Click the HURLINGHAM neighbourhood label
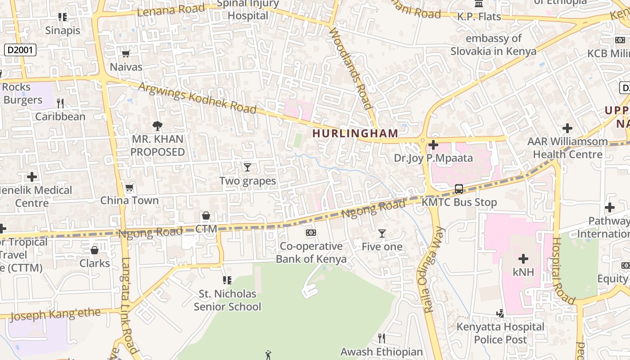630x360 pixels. [x=355, y=133]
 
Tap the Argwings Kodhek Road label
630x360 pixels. [x=198, y=98]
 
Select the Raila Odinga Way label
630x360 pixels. [x=433, y=270]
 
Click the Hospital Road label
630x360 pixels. [x=563, y=270]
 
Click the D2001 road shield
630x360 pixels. [x=20, y=49]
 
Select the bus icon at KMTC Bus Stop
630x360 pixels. [x=459, y=189]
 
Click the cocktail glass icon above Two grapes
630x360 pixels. [x=247, y=167]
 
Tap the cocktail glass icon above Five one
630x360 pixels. [x=382, y=233]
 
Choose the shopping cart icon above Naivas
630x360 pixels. [x=126, y=54]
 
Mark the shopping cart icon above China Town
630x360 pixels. [x=130, y=187]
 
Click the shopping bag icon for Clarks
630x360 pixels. [x=94, y=250]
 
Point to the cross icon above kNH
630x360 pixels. [x=523, y=259]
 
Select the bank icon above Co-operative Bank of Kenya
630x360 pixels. [x=311, y=233]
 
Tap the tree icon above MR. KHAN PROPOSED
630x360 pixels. [x=157, y=126]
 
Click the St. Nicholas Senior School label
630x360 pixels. [x=227, y=300]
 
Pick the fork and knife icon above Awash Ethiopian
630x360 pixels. [x=382, y=338]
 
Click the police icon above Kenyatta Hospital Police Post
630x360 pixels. [x=500, y=313]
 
